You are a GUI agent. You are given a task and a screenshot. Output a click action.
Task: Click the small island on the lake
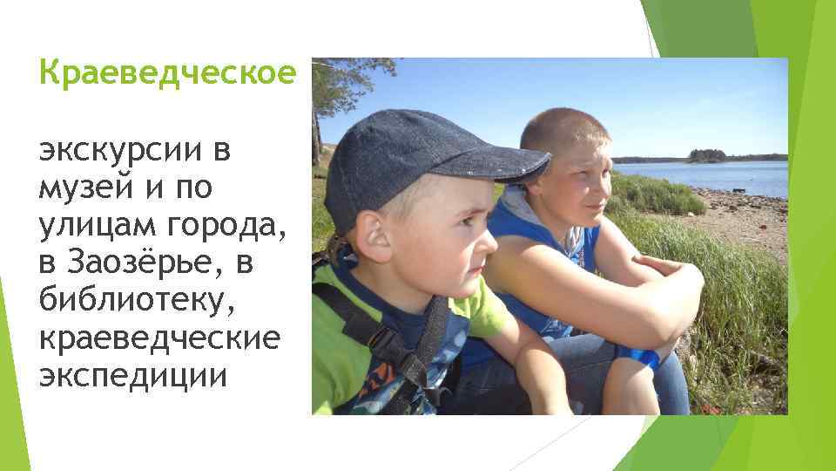click(x=706, y=155)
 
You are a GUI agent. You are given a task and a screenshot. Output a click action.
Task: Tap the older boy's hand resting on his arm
click(x=662, y=266)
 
